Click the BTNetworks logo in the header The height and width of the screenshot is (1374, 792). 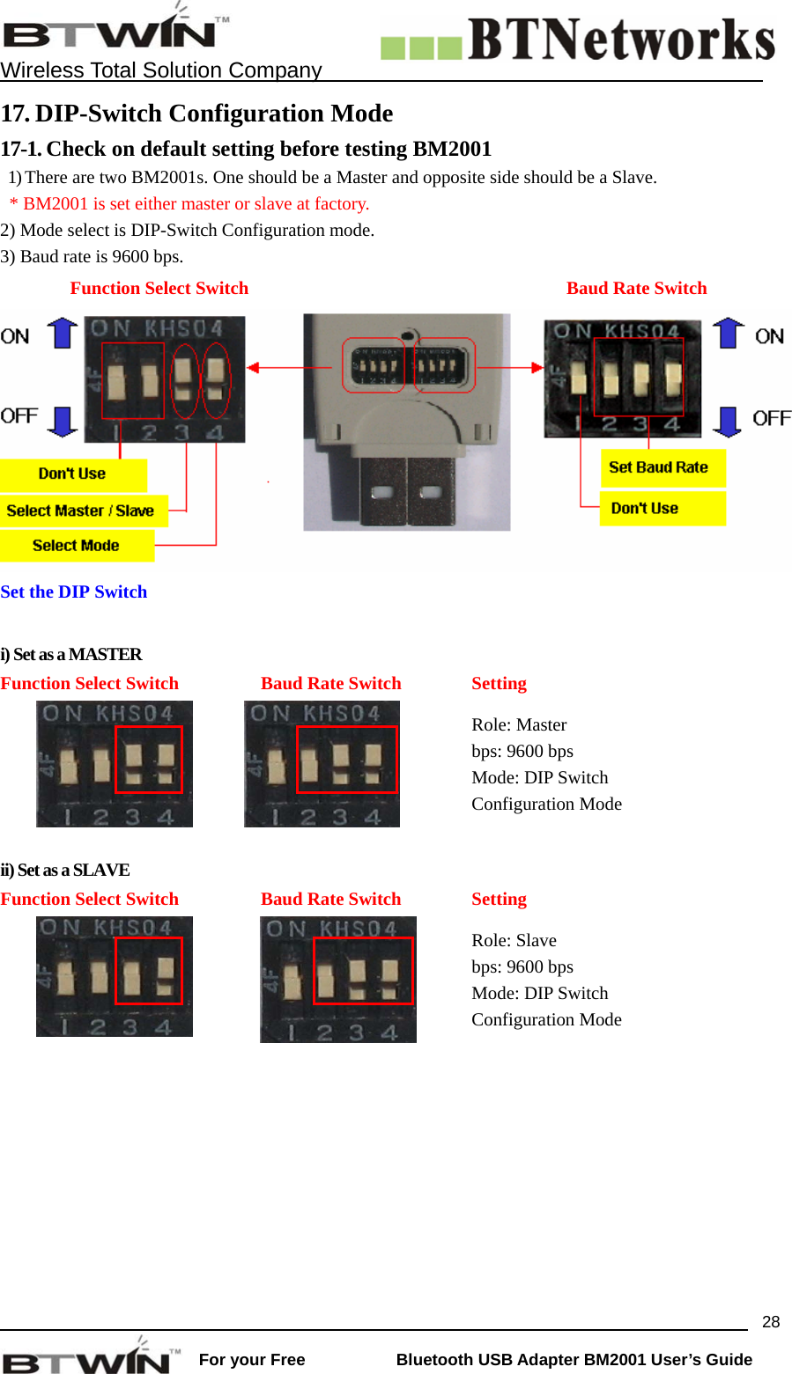tap(578, 40)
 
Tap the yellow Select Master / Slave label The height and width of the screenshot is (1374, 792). tap(81, 511)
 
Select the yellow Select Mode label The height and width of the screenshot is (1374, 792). tap(76, 546)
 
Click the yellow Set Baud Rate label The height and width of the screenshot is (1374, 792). tap(661, 467)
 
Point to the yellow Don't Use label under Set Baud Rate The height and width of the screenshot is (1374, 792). tap(661, 508)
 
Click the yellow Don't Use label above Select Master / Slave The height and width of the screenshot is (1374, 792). tap(72, 474)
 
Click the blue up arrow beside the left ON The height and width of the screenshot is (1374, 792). tap(63, 334)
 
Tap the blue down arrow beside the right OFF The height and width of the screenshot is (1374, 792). tap(727, 422)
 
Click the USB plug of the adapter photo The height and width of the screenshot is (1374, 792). tap(407, 493)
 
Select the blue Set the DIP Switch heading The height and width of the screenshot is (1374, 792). tap(74, 591)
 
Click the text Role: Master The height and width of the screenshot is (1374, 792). tap(519, 724)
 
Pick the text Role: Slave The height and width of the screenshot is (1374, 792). tap(514, 940)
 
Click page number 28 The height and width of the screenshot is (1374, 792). tap(771, 1321)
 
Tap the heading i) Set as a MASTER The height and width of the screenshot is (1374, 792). tap(71, 654)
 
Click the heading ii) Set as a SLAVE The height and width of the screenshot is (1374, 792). tap(65, 870)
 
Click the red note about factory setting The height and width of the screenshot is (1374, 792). tap(189, 203)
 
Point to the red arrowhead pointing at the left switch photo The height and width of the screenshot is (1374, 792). tap(253, 367)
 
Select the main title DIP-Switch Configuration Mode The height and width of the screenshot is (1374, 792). tap(214, 114)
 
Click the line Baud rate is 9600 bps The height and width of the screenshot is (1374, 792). tap(93, 256)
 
